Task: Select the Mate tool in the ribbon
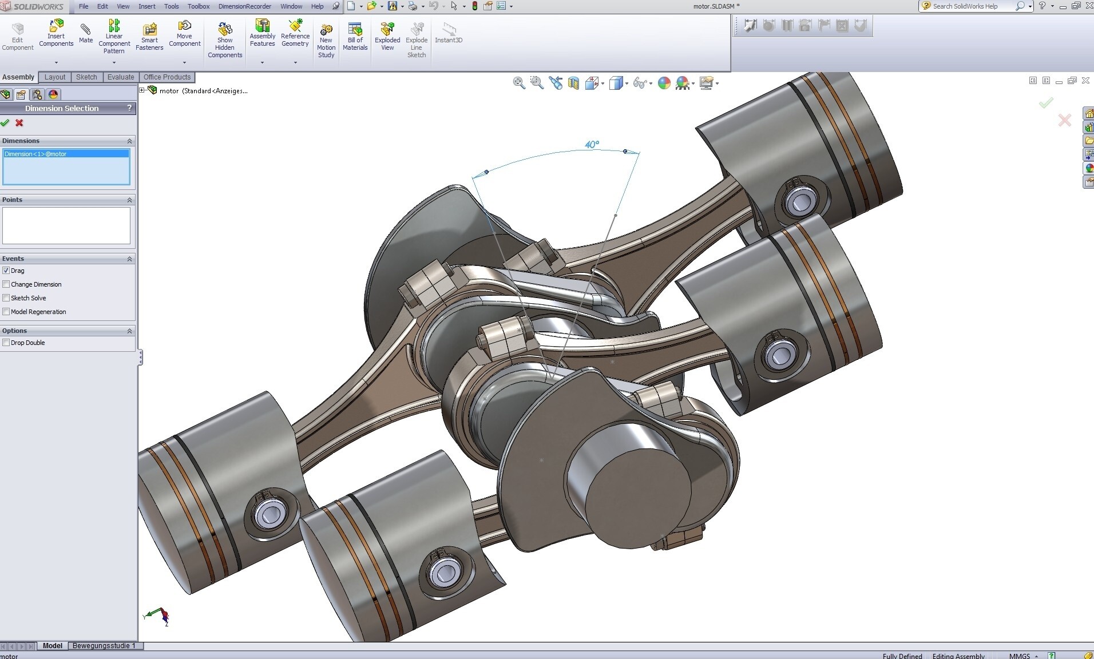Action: click(x=86, y=33)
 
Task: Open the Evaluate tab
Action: click(x=121, y=77)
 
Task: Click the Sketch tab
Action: click(x=86, y=77)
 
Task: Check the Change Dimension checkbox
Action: click(x=6, y=284)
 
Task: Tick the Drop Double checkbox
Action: click(x=6, y=343)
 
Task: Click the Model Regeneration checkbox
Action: click(x=6, y=312)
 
